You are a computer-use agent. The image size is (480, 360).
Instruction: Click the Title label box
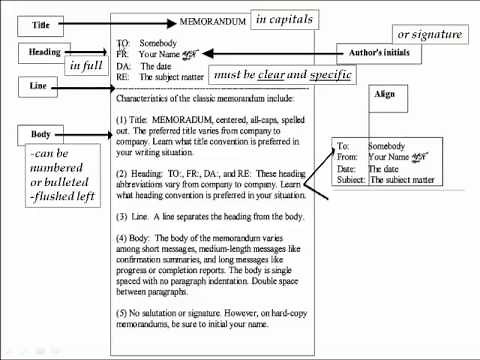[x=41, y=23]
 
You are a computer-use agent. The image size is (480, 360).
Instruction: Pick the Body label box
[x=41, y=134]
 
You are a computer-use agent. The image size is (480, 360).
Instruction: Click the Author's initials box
[x=379, y=52]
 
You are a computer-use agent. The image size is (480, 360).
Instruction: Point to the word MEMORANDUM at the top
[x=212, y=21]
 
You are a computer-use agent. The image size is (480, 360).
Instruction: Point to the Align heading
[x=385, y=94]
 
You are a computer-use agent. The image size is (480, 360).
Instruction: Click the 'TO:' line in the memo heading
[x=123, y=44]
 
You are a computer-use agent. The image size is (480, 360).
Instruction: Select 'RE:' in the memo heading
[x=123, y=75]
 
